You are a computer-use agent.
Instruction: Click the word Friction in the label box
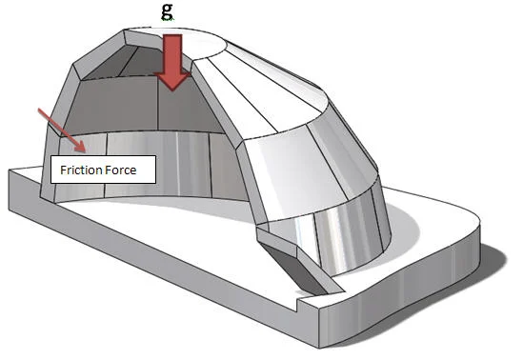79,171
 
